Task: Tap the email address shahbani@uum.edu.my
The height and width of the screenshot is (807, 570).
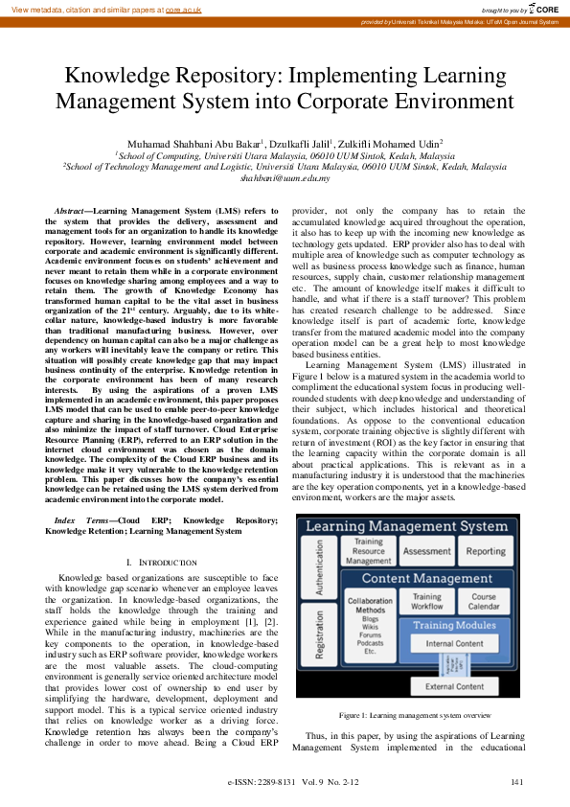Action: (x=285, y=177)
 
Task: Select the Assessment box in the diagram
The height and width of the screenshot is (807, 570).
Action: (x=426, y=552)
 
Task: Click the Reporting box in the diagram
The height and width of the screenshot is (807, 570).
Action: (x=486, y=552)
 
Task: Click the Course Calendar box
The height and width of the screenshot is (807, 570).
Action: (x=484, y=602)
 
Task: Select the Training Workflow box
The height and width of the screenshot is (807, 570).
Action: (x=427, y=602)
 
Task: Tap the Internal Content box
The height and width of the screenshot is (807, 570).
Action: (x=454, y=644)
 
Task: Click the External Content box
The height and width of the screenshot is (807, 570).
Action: (x=454, y=686)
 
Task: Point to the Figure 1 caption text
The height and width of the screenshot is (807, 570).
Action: (x=408, y=716)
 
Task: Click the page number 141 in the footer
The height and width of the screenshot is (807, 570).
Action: (x=517, y=783)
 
